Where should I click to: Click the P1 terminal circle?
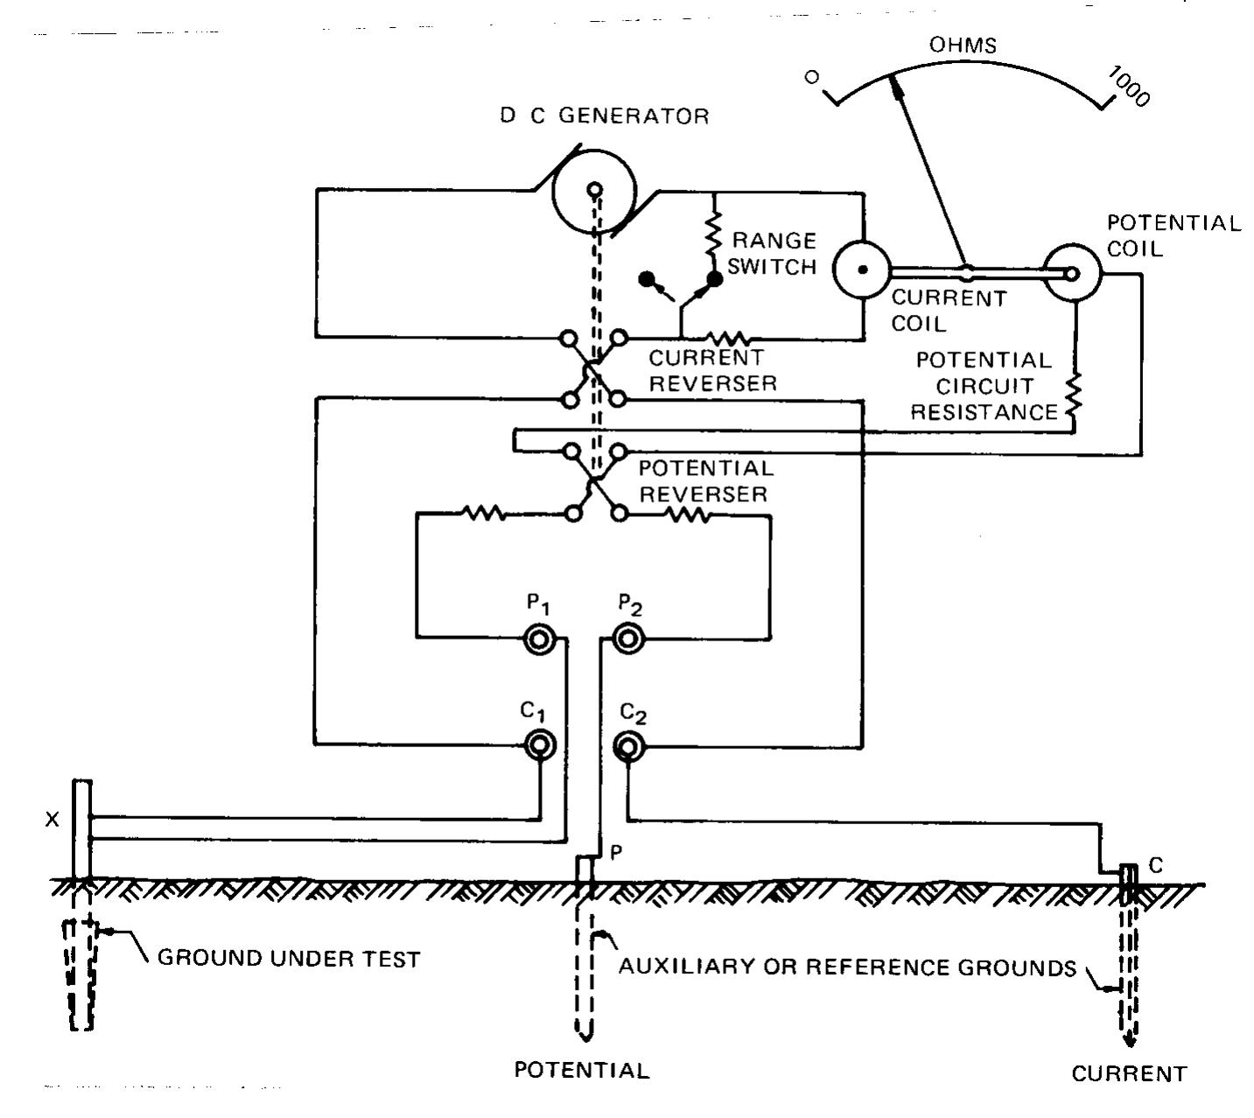[x=540, y=640]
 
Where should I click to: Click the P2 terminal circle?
[x=627, y=639]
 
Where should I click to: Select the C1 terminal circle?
[x=540, y=745]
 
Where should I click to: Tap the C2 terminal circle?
[x=627, y=745]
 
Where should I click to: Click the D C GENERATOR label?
[x=605, y=116]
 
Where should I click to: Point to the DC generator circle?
[x=595, y=190]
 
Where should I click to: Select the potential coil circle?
[x=1072, y=274]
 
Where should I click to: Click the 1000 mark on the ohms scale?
[x=1129, y=86]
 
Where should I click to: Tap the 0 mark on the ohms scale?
[x=812, y=77]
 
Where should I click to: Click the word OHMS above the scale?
[x=963, y=45]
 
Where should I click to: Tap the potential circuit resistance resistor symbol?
[x=1075, y=397]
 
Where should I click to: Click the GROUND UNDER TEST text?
[x=289, y=959]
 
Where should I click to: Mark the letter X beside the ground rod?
[x=53, y=820]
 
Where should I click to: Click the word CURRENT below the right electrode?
[x=1129, y=1074]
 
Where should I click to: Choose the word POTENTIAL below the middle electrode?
[x=582, y=1071]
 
